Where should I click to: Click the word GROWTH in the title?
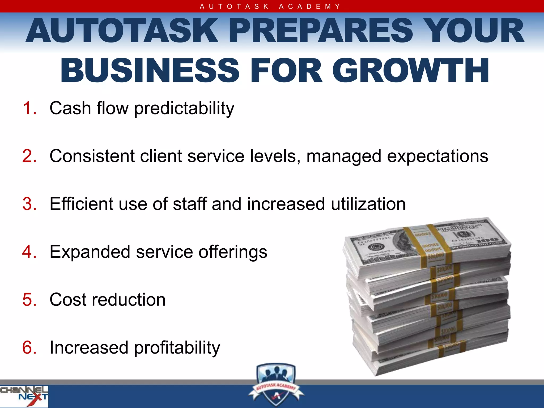coord(410,71)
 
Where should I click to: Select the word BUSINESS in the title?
coord(150,71)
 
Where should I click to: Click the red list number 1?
coord(29,108)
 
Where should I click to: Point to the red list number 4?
coord(29,252)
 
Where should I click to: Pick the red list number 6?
coord(29,347)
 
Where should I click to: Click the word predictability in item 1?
coord(184,109)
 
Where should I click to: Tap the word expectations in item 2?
coord(437,156)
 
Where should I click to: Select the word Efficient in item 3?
coord(81,204)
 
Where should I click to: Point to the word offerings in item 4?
coord(233,252)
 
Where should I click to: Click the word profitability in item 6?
coord(177,348)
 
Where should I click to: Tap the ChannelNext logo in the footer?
coord(24,396)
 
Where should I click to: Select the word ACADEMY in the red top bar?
coord(309,6)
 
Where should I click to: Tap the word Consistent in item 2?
coord(92,156)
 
